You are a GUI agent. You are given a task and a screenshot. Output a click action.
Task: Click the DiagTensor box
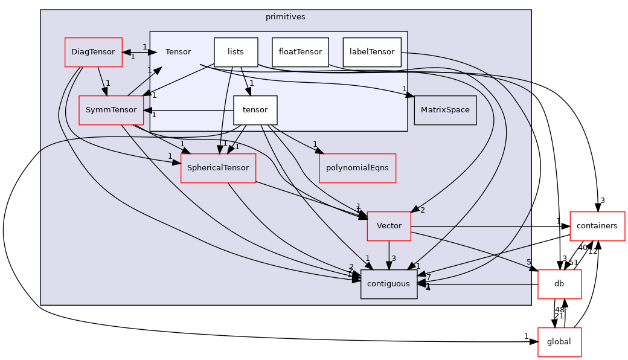click(93, 52)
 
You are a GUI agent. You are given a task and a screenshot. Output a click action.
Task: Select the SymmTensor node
click(111, 110)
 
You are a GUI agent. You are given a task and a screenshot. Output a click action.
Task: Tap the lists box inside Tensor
click(235, 52)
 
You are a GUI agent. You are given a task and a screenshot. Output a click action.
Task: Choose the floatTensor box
click(300, 52)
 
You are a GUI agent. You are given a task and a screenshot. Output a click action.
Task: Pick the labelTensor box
click(372, 52)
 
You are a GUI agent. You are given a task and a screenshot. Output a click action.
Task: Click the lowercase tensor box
click(255, 110)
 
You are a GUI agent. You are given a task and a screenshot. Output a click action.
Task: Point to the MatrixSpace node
click(445, 110)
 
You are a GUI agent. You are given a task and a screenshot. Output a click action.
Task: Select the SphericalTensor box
click(218, 168)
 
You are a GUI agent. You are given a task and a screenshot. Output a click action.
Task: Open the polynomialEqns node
click(357, 168)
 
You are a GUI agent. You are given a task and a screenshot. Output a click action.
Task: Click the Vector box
click(389, 226)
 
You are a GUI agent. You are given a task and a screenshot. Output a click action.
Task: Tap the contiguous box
click(389, 284)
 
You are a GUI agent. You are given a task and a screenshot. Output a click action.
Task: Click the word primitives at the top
click(286, 17)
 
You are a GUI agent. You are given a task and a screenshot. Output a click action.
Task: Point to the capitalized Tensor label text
click(178, 52)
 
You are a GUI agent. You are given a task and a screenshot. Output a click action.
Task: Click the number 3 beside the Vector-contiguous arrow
click(394, 259)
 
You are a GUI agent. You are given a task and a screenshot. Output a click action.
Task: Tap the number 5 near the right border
click(528, 262)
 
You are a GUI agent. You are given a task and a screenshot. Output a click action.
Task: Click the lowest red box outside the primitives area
click(559, 342)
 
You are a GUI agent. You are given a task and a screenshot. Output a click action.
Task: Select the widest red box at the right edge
click(597, 227)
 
